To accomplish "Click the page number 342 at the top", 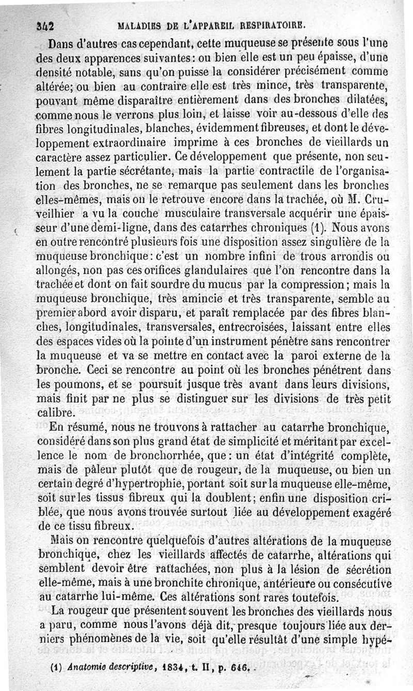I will (x=46, y=24).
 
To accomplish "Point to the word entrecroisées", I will (x=255, y=326).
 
